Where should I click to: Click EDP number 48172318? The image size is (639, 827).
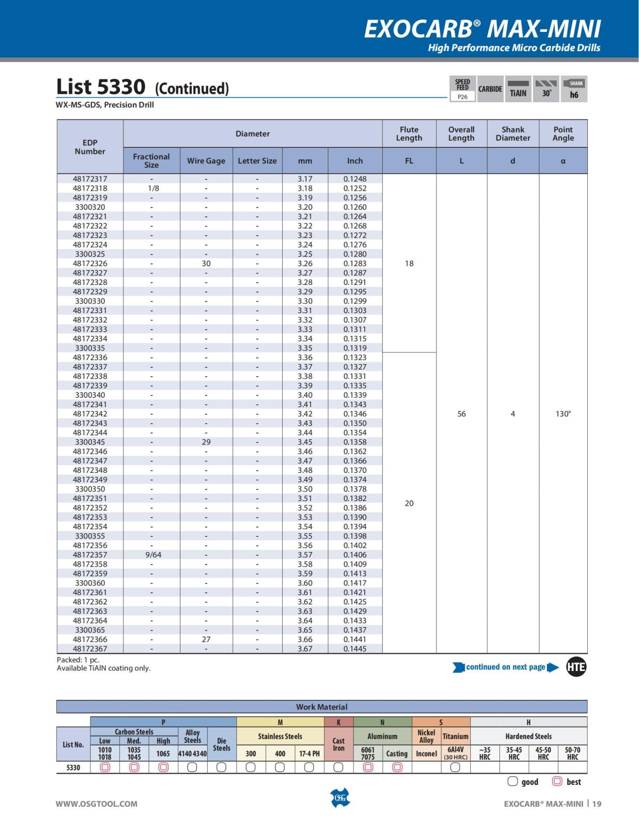90,188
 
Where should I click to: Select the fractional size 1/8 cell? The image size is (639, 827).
153,188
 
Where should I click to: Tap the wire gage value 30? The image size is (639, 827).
206,263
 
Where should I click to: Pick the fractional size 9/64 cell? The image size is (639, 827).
153,554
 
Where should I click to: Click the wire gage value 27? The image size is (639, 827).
206,639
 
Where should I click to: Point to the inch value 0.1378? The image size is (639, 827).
355,489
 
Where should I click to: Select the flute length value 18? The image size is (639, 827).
409,263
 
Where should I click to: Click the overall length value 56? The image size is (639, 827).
461,414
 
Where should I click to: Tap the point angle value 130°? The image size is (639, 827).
563,414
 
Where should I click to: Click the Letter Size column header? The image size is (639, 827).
257,161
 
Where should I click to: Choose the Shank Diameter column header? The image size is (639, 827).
513,134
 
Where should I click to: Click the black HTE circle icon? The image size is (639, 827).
576,667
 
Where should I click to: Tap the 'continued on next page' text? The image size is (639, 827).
505,667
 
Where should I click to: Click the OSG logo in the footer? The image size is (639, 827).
340,798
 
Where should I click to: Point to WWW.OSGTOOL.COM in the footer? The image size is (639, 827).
96,804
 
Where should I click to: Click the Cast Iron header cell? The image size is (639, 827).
339,744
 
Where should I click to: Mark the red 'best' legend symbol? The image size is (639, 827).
558,781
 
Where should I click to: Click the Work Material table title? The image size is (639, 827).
322,707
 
